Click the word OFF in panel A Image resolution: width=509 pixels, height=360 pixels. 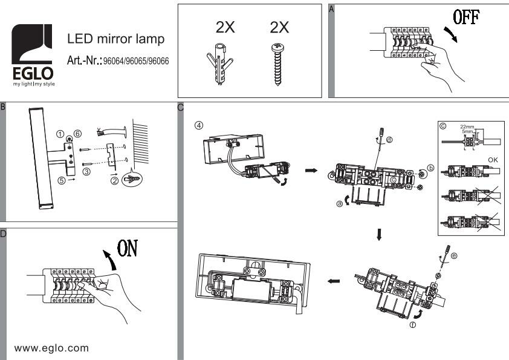point(467,18)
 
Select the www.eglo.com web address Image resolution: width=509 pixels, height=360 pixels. point(51,348)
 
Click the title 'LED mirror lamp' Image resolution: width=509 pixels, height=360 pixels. point(115,39)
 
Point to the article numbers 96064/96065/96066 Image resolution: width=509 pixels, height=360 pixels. point(136,61)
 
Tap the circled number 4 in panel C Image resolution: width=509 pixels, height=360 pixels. point(199,125)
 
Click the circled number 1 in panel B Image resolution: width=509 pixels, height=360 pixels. point(60,133)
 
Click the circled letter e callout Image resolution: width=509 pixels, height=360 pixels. point(454,255)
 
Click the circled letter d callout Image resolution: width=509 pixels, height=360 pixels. point(388,140)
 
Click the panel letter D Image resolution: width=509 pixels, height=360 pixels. point(4,232)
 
